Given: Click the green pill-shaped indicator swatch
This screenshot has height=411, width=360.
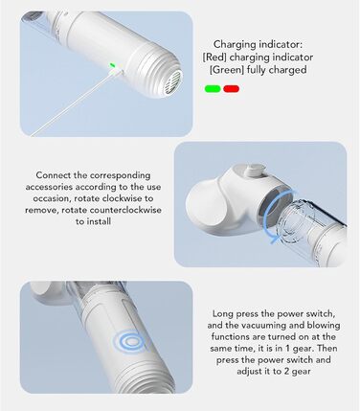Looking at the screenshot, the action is [x=213, y=89].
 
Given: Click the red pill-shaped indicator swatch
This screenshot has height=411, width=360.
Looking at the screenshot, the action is [x=232, y=89].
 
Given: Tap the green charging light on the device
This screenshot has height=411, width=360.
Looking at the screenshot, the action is [x=112, y=65].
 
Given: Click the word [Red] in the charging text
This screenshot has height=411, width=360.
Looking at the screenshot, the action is [x=214, y=57].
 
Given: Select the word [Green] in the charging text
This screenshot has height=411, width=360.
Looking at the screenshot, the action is [x=227, y=70].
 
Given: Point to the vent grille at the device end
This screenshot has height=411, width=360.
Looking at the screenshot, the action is [x=175, y=81].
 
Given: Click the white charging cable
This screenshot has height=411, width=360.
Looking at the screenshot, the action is [x=77, y=103].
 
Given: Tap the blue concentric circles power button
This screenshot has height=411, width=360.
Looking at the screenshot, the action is [x=130, y=342].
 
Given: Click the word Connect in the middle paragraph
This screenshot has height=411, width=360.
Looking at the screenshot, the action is [x=53, y=175].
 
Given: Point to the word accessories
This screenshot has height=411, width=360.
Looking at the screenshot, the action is [x=50, y=187].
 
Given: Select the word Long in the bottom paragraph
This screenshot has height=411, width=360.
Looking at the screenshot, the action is [x=223, y=314].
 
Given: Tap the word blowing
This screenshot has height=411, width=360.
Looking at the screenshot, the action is [x=324, y=326].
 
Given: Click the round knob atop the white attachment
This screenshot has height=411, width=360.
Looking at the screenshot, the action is [x=255, y=170].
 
